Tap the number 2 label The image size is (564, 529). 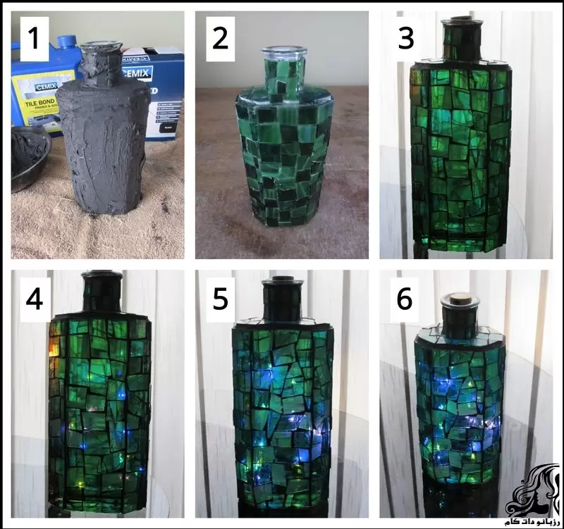point(220,38)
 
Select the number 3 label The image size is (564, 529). point(405,38)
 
